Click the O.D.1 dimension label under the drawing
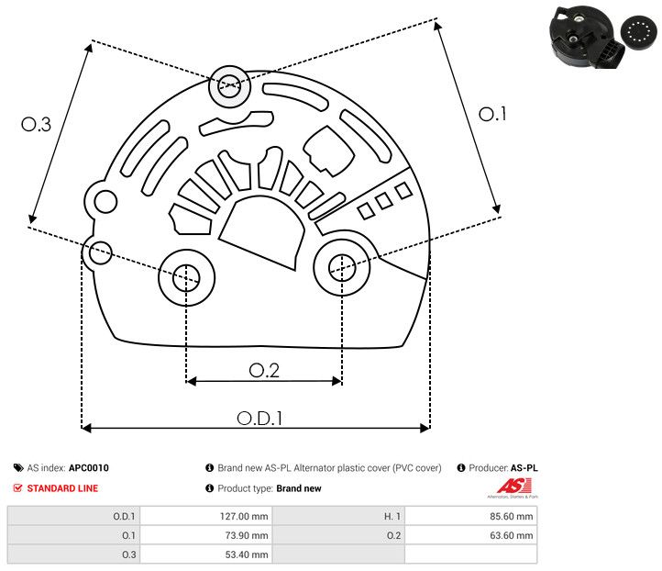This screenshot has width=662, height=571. tap(259, 418)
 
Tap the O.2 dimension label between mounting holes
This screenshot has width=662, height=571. tap(264, 370)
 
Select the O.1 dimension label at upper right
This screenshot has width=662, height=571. tap(492, 114)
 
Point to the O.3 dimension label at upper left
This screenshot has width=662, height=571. tap(36, 125)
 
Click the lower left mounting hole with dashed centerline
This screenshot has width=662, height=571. tap(186, 275)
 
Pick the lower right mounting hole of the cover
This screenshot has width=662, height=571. tap(342, 266)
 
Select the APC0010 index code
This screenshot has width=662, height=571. tap(88, 468)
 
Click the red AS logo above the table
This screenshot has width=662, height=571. tap(508, 486)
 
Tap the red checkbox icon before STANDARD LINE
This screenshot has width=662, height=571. tap(18, 488)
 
